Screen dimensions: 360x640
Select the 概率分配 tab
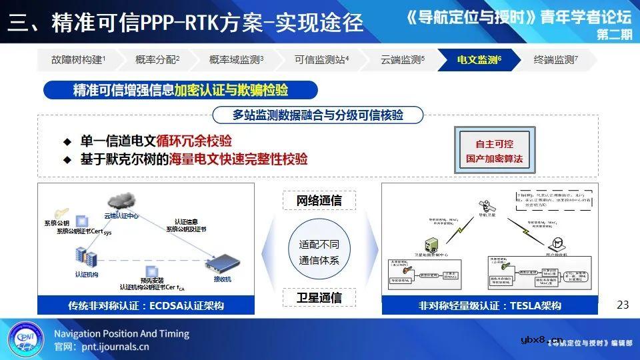pyautogui.click(x=157, y=60)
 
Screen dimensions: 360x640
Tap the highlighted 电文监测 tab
pyautogui.click(x=479, y=60)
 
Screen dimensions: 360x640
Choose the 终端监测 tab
pyautogui.click(x=555, y=60)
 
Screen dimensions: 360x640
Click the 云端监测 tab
pyautogui.click(x=402, y=60)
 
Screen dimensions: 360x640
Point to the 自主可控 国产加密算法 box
pyautogui.click(x=495, y=152)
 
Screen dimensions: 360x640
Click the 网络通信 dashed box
pyautogui.click(x=319, y=200)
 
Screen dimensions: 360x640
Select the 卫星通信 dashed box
pyautogui.click(x=319, y=297)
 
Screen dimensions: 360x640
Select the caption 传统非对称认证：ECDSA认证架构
pyautogui.click(x=146, y=306)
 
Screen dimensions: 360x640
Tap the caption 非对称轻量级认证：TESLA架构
pyautogui.click(x=489, y=306)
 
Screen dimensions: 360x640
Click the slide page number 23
pyautogui.click(x=623, y=305)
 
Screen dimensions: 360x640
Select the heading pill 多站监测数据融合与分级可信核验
pyautogui.click(x=318, y=115)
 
